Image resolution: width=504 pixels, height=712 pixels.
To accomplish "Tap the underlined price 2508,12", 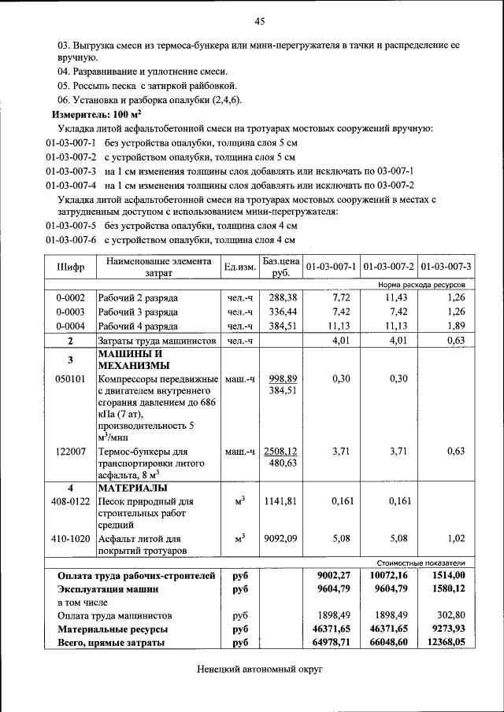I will (x=280, y=452).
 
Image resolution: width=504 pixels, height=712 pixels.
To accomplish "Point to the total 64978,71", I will (x=331, y=643).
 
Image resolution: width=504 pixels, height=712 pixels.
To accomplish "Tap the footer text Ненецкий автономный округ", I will (x=260, y=669).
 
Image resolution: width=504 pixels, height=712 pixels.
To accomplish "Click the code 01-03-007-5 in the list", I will (x=70, y=226).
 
